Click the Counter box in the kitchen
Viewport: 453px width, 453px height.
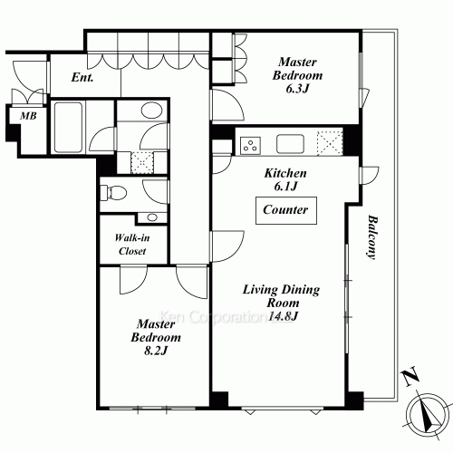(x=286, y=210)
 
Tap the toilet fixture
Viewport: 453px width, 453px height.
(x=114, y=192)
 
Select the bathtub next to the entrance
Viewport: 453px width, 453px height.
(x=68, y=127)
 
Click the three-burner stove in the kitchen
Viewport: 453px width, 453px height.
(x=250, y=145)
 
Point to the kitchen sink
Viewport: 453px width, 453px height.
(x=290, y=144)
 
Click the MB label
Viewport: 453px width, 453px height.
(x=28, y=116)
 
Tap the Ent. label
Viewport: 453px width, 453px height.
(x=82, y=77)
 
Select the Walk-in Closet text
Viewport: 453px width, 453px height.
(x=132, y=245)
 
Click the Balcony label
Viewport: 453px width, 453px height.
(x=372, y=237)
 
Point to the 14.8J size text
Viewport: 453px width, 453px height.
(x=284, y=316)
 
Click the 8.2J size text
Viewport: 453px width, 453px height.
(x=156, y=351)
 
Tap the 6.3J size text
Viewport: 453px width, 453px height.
(x=297, y=89)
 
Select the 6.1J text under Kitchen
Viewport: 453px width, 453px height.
(x=285, y=187)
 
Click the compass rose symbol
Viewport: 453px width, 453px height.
(x=428, y=414)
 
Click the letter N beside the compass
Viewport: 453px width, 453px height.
(x=410, y=376)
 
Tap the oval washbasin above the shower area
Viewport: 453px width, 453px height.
(x=152, y=111)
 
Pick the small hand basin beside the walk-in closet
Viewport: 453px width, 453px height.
(x=152, y=217)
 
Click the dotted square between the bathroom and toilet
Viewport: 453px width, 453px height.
(x=142, y=162)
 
